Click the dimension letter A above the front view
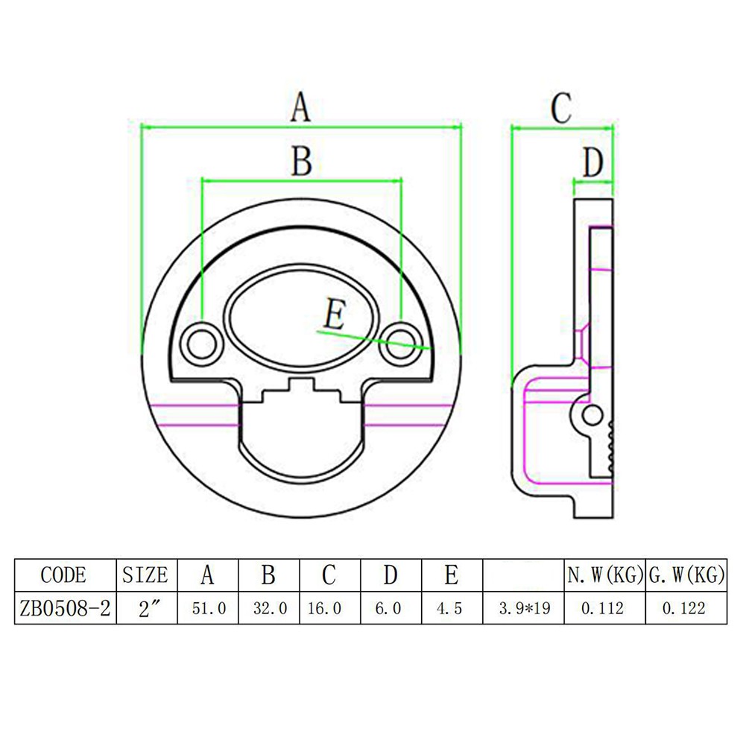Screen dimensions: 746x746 300,107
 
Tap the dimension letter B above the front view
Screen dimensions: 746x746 301,160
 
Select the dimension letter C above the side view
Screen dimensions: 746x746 560,108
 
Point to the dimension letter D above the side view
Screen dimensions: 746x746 592,163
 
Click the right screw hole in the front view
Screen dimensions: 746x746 400,342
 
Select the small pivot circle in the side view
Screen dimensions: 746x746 592,415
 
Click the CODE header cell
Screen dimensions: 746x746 63,575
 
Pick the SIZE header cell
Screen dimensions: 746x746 145,575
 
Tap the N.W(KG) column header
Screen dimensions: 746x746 604,575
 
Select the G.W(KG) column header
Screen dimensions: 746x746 687,575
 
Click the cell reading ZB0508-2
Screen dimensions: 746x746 65,608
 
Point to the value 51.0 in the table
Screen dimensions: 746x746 209,608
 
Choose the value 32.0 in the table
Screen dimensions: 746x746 270,608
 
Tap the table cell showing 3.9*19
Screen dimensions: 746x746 525,608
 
